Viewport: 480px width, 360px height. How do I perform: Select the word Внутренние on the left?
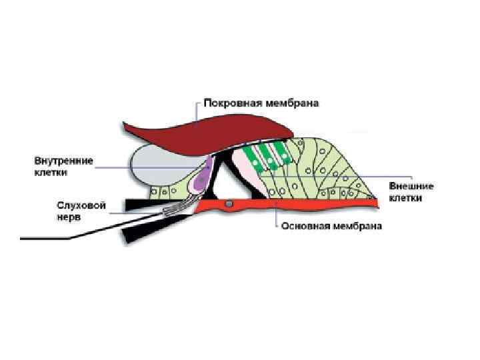coord(65,161)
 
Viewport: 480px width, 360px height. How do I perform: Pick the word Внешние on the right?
coord(411,186)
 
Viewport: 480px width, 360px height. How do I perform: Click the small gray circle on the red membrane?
coord(229,203)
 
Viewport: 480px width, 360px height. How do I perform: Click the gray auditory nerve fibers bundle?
coord(177,209)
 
